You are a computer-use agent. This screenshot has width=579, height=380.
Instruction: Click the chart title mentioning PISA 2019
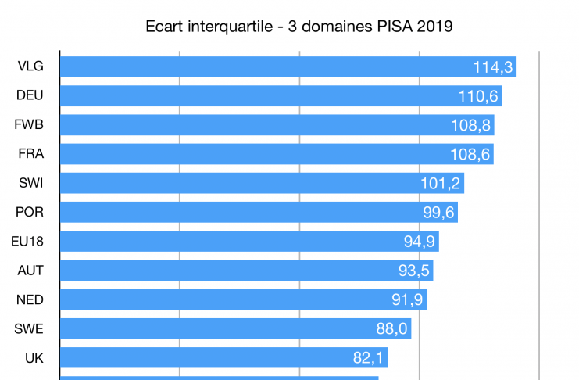299,26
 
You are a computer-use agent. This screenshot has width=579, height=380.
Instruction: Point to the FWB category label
30,124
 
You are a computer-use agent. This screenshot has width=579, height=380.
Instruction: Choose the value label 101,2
441,183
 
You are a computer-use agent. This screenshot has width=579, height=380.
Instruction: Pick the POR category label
30,212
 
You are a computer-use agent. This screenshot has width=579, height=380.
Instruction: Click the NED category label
30,299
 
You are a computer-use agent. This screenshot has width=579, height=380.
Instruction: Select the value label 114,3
493,67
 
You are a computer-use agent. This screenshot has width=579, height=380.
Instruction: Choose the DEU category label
30,95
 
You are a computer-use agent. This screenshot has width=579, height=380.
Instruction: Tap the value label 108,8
470,125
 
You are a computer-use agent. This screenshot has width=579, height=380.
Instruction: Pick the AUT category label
30,271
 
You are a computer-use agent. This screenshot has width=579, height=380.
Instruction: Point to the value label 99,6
434,212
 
